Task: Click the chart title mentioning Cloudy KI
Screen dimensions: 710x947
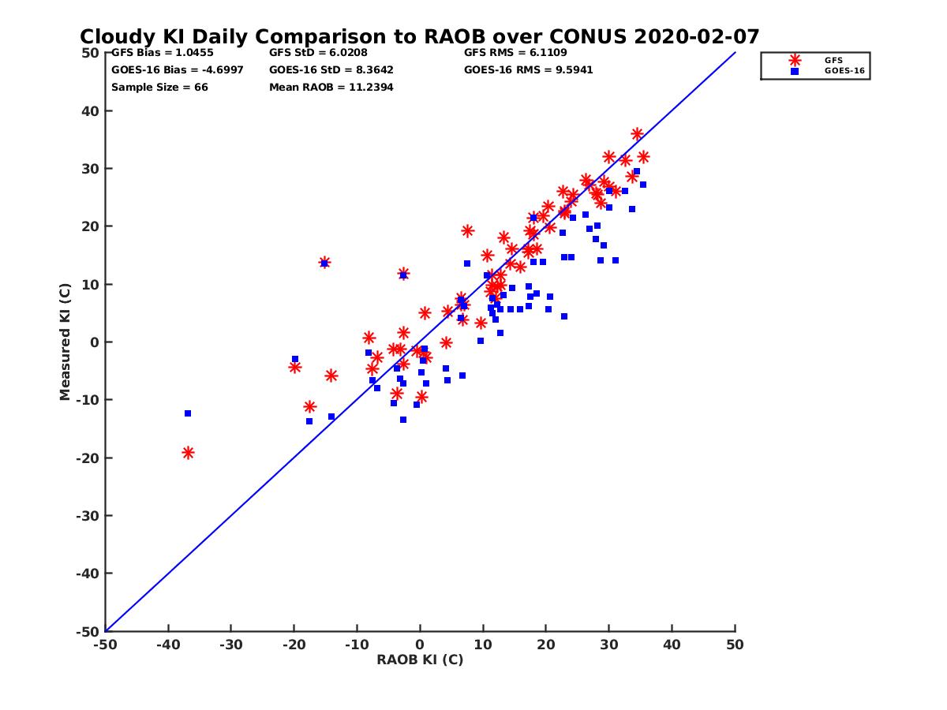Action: click(x=420, y=37)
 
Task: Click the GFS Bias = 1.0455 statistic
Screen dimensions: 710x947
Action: click(x=162, y=53)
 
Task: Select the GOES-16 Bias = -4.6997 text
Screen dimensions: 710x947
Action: click(x=178, y=70)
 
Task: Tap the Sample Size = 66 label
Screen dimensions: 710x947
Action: click(x=159, y=88)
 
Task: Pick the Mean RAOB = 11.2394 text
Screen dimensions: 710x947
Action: click(x=331, y=88)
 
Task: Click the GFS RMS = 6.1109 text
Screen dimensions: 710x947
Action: click(x=515, y=53)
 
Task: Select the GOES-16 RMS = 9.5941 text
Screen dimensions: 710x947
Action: click(x=529, y=70)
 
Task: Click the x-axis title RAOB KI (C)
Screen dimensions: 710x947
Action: click(x=420, y=660)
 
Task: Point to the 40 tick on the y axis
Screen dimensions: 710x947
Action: click(x=91, y=111)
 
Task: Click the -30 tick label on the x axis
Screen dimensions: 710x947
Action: click(x=230, y=645)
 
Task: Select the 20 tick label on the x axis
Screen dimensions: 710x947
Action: click(x=546, y=645)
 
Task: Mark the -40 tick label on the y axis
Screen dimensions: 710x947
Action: click(x=88, y=574)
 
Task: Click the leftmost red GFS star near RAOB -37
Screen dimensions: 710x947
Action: click(x=188, y=453)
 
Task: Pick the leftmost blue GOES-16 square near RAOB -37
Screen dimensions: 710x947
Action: click(x=188, y=413)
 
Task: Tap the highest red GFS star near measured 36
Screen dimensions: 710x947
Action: click(x=637, y=134)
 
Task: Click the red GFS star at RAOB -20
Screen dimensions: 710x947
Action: click(x=295, y=367)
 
